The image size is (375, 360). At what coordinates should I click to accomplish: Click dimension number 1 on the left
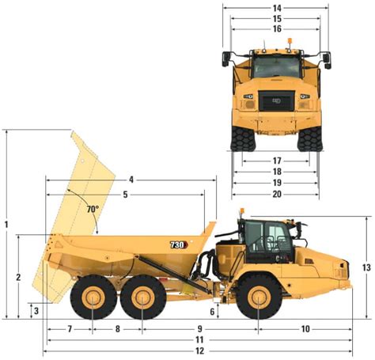point(7,225)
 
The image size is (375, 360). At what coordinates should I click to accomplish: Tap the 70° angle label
point(93,210)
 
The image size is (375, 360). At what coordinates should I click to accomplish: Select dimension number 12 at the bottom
point(199,351)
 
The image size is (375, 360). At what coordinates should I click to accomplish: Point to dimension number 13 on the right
point(366,267)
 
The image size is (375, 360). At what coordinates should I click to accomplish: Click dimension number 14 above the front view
point(277,8)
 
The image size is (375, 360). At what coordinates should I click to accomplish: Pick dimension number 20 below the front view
point(277,194)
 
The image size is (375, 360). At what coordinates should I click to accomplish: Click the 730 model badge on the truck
point(178,245)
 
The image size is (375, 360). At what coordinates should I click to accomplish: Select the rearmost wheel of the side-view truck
point(93,299)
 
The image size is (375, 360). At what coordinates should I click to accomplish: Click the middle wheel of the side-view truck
point(142,299)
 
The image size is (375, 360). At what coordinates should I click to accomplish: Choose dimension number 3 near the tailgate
point(36,311)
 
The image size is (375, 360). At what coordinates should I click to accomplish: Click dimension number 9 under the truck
point(200,328)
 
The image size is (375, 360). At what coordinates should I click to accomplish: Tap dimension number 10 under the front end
point(305,328)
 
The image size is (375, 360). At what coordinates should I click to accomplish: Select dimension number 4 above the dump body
point(131,180)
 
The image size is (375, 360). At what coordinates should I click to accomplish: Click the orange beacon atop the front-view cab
point(290,41)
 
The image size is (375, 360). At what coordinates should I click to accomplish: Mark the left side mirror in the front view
point(227,59)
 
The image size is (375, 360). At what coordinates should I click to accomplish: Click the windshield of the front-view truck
point(277,67)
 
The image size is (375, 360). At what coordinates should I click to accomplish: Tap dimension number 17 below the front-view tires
point(277,161)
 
